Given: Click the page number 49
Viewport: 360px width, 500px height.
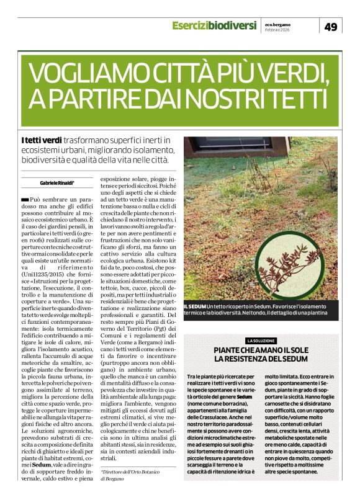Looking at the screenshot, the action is (331, 27).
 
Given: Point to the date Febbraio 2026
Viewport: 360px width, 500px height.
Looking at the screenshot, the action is (277, 30).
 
